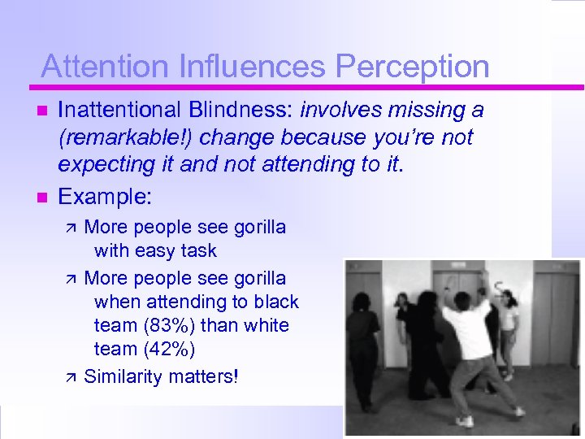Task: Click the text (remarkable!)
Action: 110,138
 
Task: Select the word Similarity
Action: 123,376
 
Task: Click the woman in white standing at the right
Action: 509,325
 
